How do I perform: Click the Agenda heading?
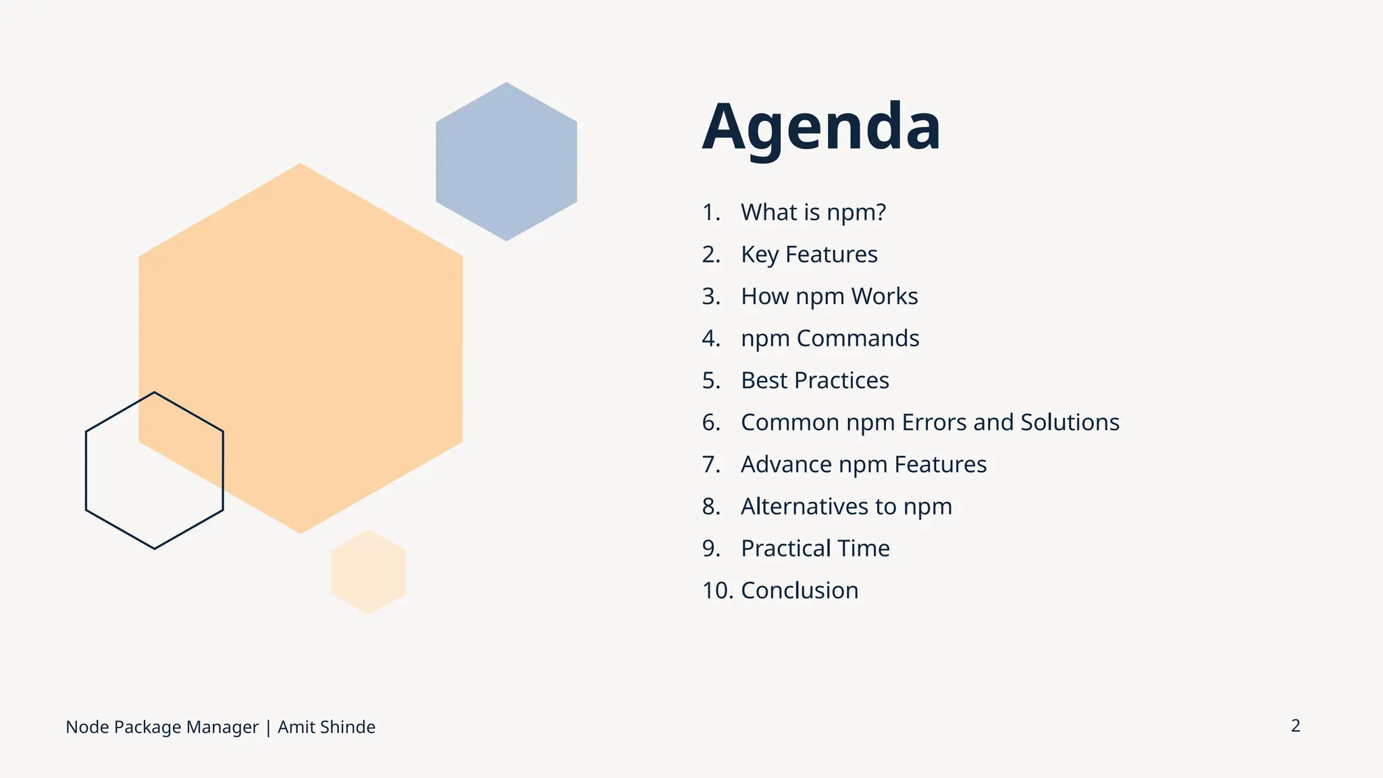pos(820,127)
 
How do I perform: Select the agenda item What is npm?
pos(812,212)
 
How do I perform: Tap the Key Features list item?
pos(808,255)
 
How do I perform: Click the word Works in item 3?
pos(884,296)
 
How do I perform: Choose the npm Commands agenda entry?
pos(829,338)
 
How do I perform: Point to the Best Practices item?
pos(814,380)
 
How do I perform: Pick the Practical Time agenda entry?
pos(814,548)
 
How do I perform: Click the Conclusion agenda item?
pos(799,590)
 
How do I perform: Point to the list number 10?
pos(716,590)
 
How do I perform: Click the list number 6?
pos(710,422)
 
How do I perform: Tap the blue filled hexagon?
pos(506,162)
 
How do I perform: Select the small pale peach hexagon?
pos(368,572)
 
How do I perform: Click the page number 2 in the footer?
pos(1295,725)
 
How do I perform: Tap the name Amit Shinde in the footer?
pos(326,727)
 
